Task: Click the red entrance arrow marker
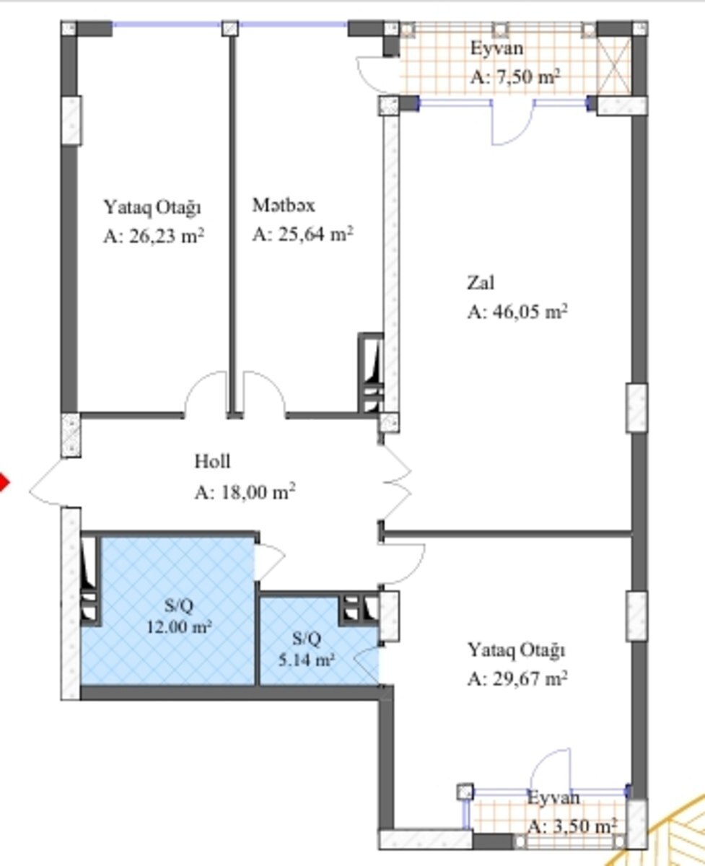pos(4,483)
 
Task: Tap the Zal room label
pos(481,283)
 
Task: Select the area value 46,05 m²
pos(530,312)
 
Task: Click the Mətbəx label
pos(284,205)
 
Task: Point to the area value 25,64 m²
pos(315,235)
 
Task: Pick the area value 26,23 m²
pos(166,236)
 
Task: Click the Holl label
pos(212,461)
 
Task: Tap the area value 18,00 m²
pos(258,492)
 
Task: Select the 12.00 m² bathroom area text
pos(179,627)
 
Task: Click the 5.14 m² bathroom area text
pos(306,660)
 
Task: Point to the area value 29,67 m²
pos(530,678)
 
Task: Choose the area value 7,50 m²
pos(528,76)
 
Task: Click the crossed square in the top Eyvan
pos(614,66)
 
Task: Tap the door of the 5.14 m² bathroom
pos(367,666)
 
